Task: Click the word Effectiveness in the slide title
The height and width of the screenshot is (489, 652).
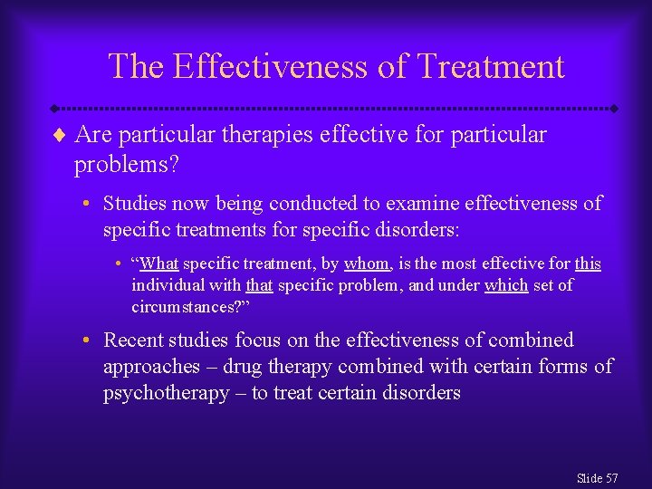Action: (274, 67)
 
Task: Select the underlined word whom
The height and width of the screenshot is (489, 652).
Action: (367, 264)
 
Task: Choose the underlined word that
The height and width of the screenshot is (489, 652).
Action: (259, 285)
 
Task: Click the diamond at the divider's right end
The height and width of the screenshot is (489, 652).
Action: (614, 109)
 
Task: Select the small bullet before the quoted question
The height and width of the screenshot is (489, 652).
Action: (120, 264)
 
